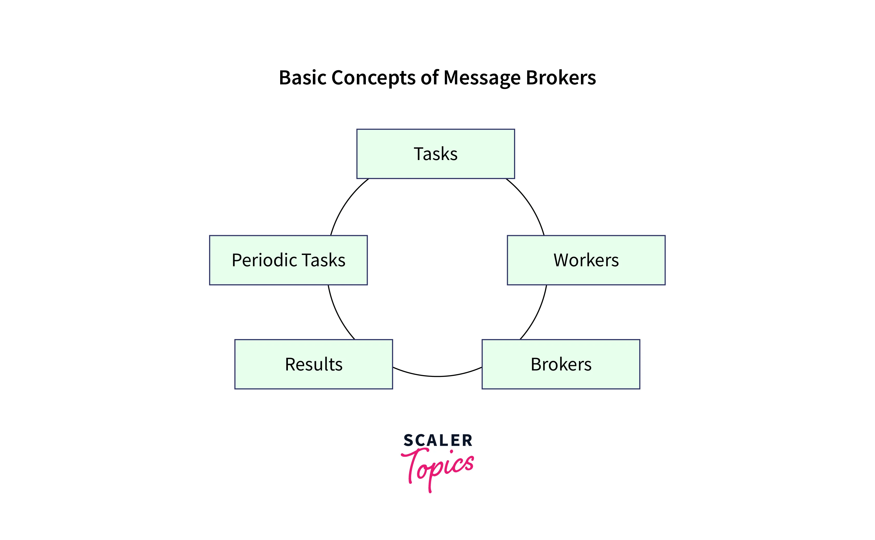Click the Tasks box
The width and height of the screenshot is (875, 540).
(x=435, y=154)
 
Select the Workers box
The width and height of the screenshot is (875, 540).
(x=586, y=260)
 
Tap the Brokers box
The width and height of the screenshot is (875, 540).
(x=561, y=364)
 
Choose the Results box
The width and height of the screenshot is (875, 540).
(x=314, y=364)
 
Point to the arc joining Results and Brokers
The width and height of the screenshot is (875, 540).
(x=437, y=376)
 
